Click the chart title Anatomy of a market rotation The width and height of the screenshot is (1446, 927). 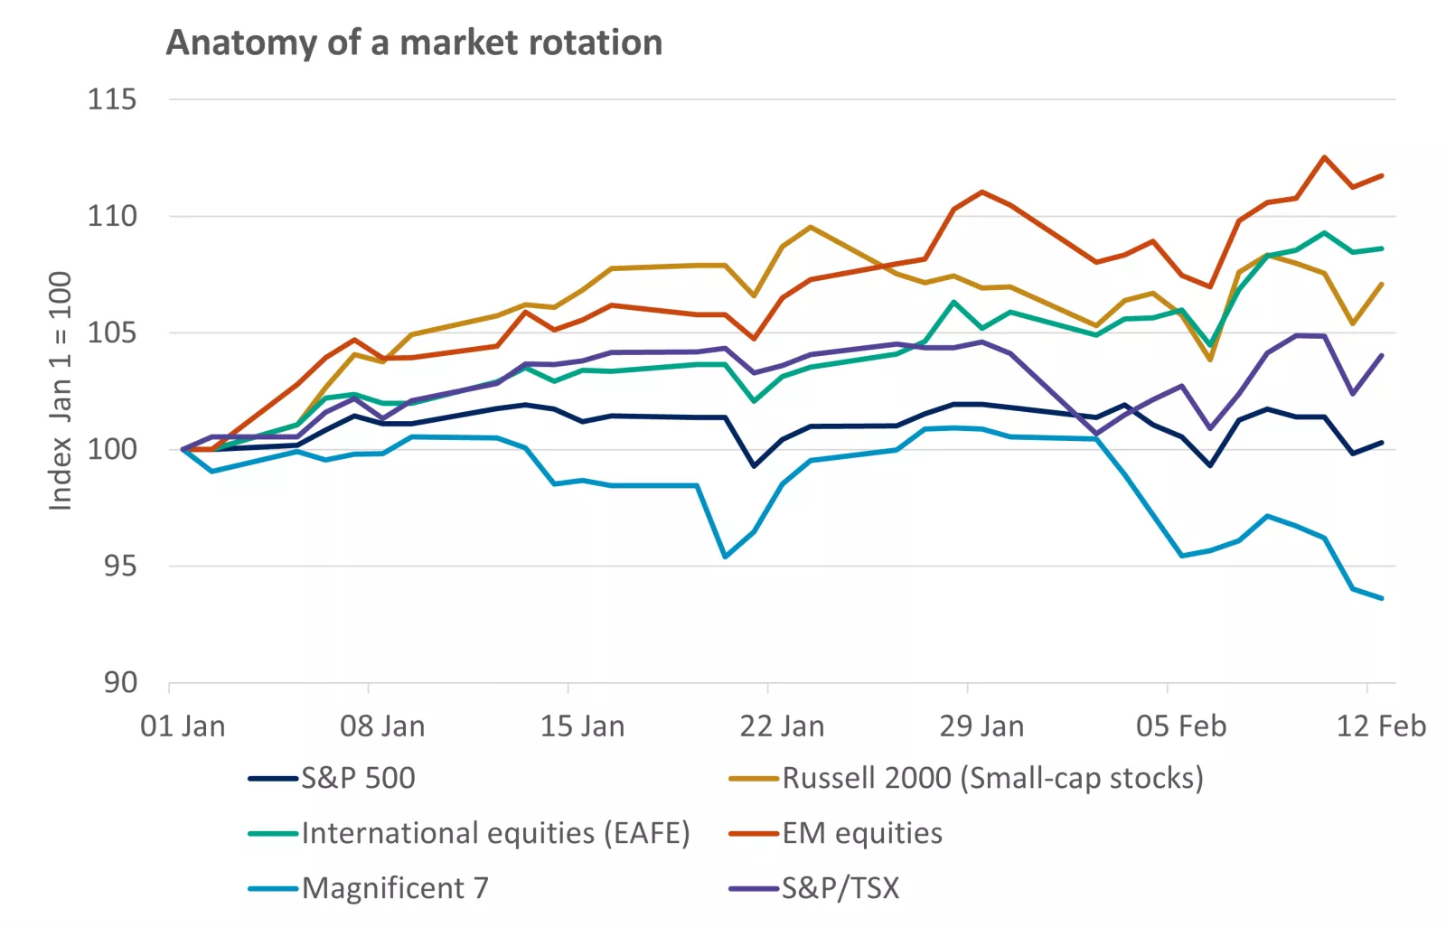pyautogui.click(x=414, y=42)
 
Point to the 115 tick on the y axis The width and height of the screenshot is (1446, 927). pyautogui.click(x=112, y=98)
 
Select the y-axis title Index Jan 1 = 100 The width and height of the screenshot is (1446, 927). pyautogui.click(x=60, y=390)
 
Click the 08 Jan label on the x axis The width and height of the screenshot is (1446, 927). pyautogui.click(x=381, y=726)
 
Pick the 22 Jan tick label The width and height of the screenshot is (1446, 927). pyautogui.click(x=782, y=726)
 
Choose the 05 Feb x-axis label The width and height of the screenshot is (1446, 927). pyautogui.click(x=1180, y=726)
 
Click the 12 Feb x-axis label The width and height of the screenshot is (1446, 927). pyautogui.click(x=1380, y=726)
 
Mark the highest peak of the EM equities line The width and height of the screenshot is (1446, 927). pyautogui.click(x=1324, y=157)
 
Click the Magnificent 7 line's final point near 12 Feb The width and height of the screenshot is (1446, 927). pyautogui.click(x=1381, y=598)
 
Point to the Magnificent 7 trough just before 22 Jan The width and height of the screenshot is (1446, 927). pyautogui.click(x=725, y=557)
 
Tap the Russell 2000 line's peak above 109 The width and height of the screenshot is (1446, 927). pyautogui.click(x=811, y=227)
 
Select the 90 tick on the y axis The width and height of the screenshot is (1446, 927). pyautogui.click(x=119, y=683)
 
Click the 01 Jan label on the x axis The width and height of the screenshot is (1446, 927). pyautogui.click(x=183, y=726)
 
